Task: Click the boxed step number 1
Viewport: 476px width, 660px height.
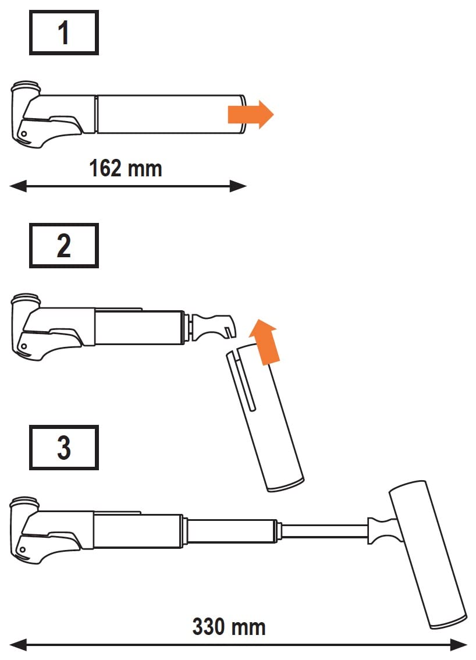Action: pos(63,33)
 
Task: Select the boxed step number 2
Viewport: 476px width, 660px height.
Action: pos(63,246)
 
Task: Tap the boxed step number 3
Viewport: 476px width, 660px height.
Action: pos(63,448)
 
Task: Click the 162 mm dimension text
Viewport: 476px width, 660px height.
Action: pos(126,168)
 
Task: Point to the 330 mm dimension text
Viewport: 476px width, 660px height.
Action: pos(229,627)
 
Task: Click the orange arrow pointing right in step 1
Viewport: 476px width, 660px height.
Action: pos(251,115)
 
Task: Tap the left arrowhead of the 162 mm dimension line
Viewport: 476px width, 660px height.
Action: pos(17,186)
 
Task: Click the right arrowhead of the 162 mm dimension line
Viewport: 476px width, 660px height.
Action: pos(238,186)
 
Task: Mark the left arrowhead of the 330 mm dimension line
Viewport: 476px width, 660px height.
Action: pos(17,644)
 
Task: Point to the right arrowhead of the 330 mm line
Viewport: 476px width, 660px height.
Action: pos(459,644)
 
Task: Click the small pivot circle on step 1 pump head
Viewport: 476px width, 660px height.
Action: pos(24,134)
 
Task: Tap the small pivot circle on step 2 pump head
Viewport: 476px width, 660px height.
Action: pos(24,347)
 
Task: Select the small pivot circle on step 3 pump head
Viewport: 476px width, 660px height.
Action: pos(23,550)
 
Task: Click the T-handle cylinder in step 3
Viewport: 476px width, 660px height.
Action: pos(428,555)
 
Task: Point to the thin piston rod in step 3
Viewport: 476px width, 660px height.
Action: pos(325,531)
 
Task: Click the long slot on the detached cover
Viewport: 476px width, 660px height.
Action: pos(246,381)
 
